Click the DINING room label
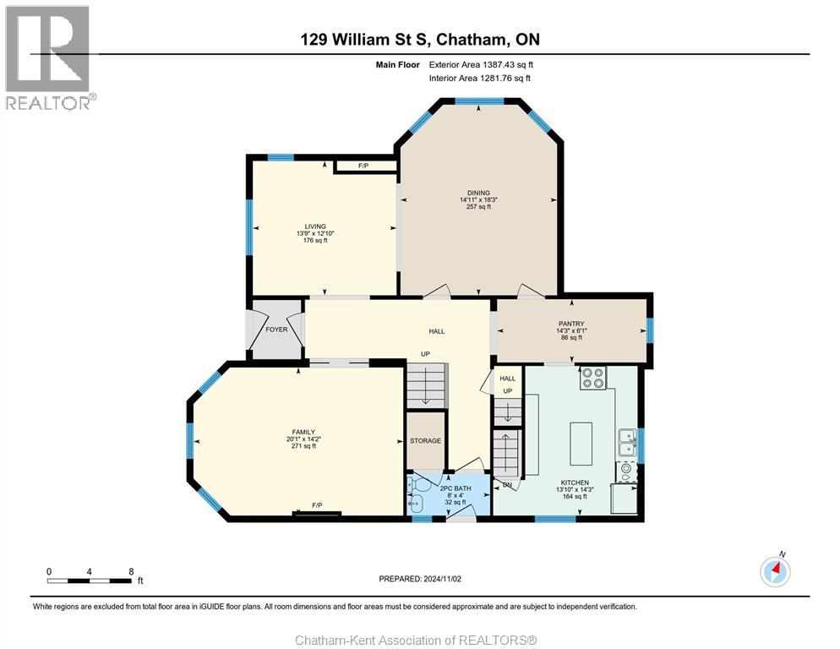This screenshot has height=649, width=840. (479, 193)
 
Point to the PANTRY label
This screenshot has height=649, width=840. (571, 323)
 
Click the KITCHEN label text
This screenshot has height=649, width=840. (573, 483)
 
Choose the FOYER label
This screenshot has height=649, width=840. (276, 330)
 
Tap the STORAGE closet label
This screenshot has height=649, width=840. (425, 441)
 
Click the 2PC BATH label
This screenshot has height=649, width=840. (455, 488)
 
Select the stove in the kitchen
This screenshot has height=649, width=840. (592, 378)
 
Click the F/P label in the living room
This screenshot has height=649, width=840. (363, 166)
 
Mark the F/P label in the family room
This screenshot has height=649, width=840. (317, 505)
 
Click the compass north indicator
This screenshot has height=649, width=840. (775, 571)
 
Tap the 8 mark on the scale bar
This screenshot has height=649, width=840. (131, 571)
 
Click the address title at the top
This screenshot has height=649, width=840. (419, 39)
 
